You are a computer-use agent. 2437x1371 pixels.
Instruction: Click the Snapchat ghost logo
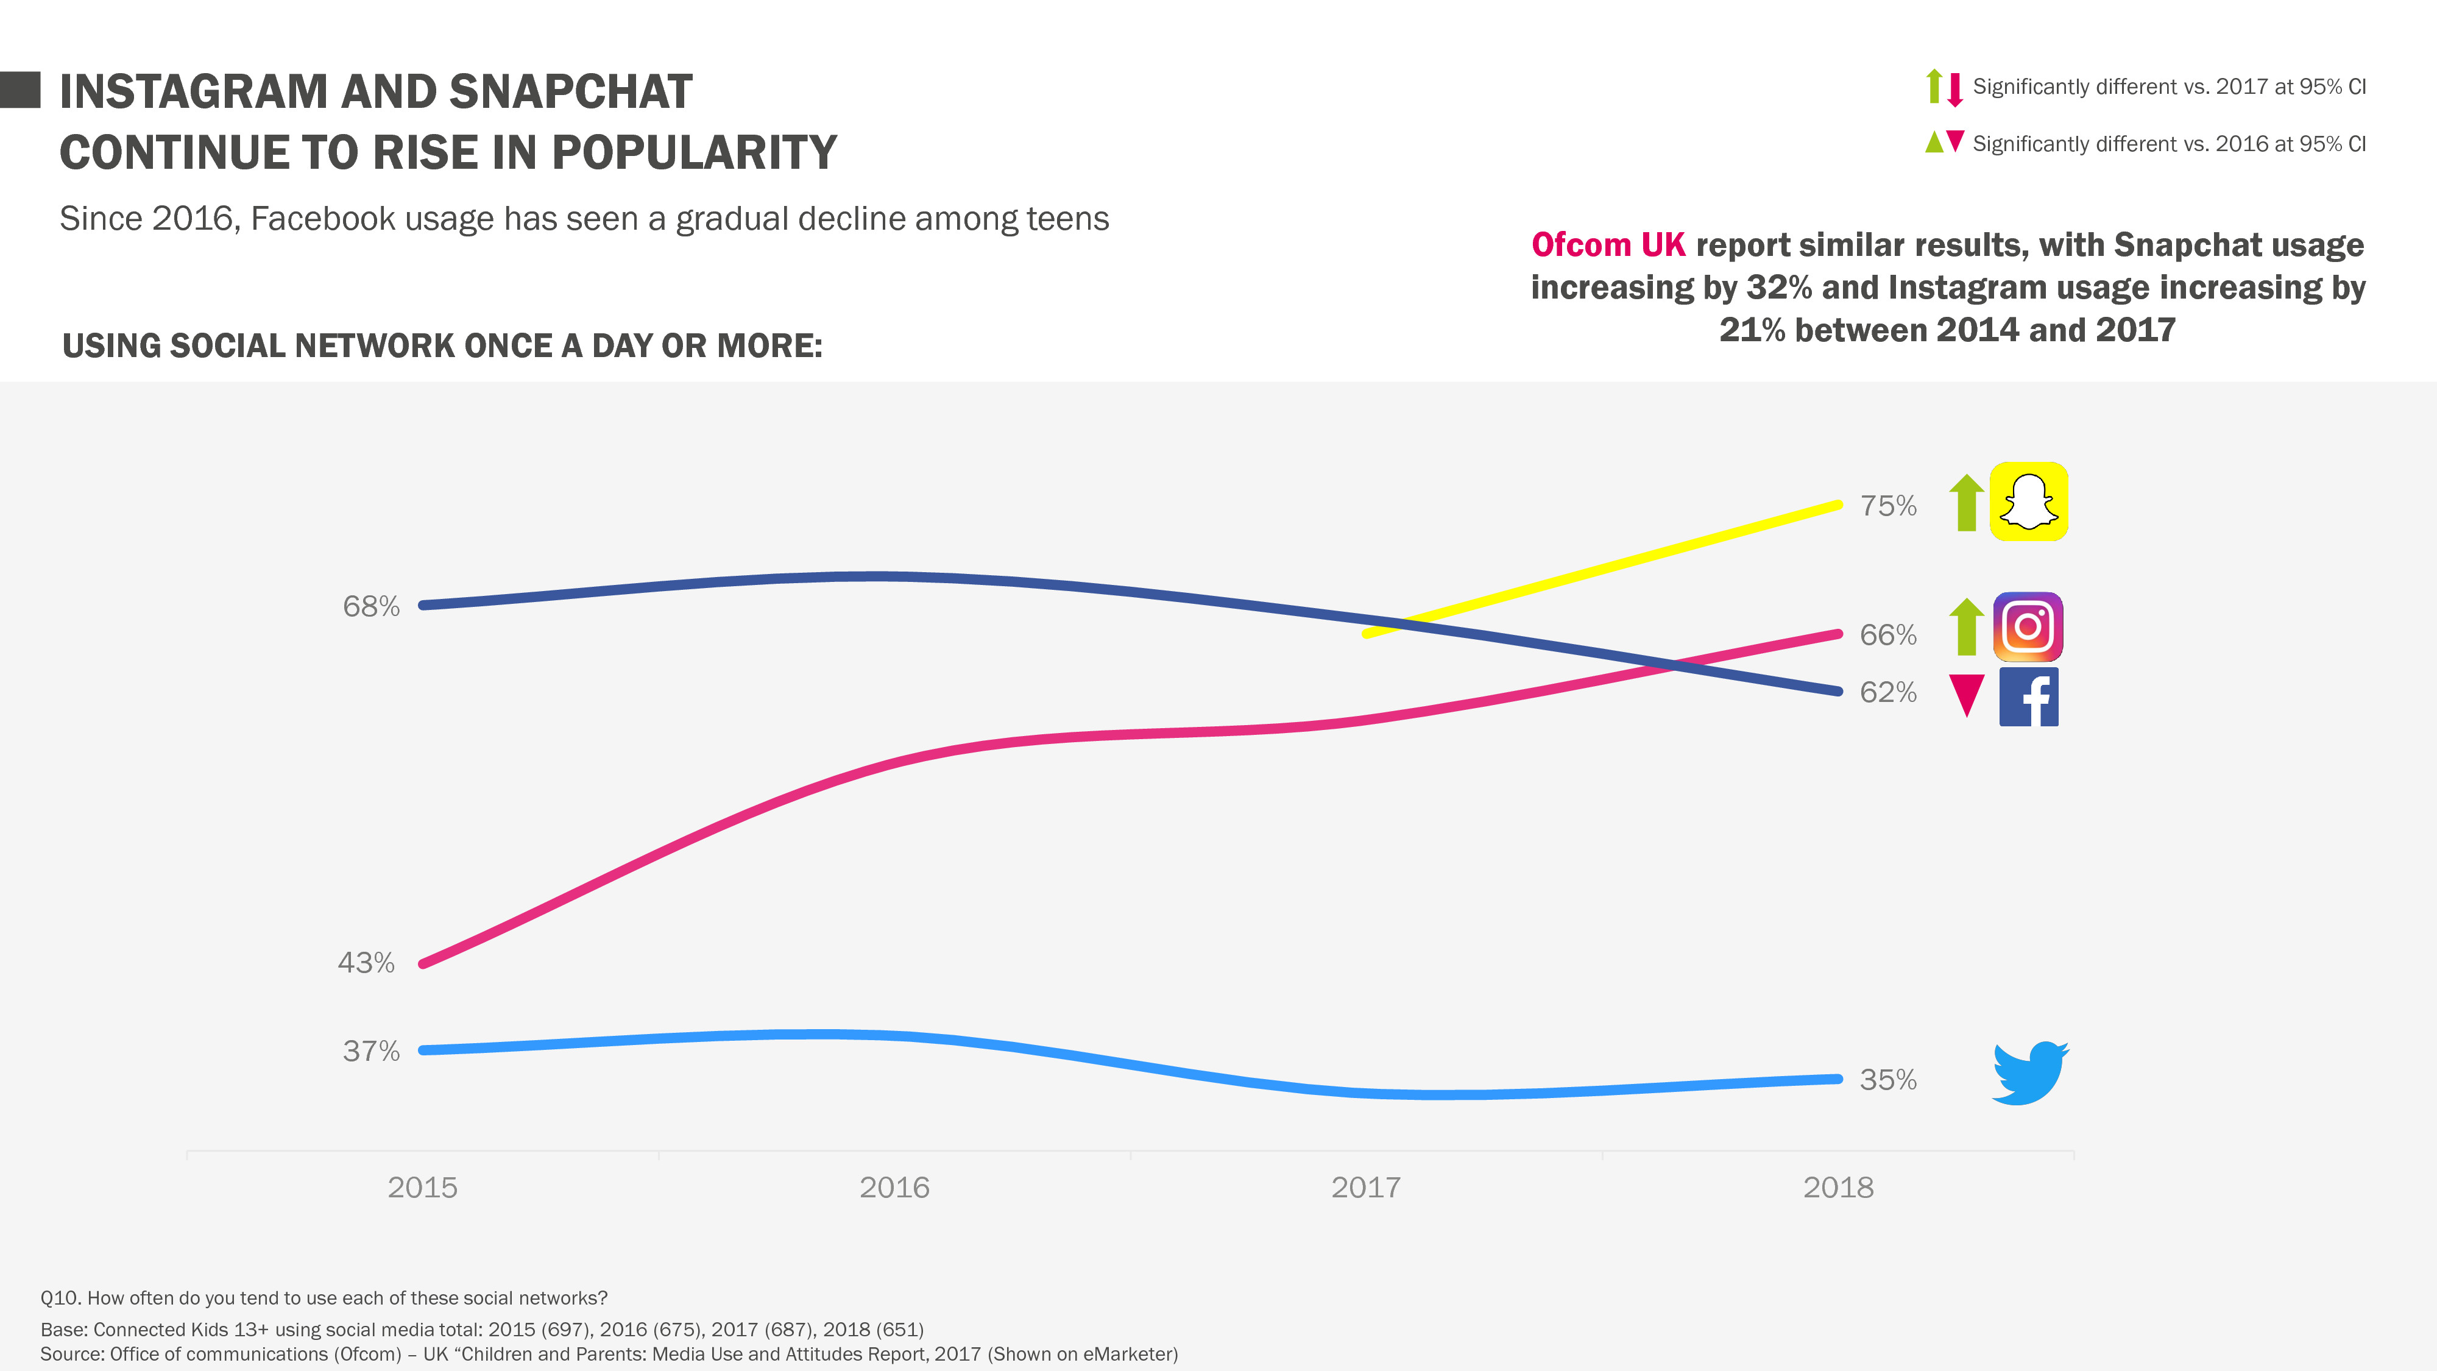click(2028, 501)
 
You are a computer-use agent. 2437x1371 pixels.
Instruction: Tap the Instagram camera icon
click(2028, 626)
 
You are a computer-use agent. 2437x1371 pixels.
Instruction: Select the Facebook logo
click(2028, 697)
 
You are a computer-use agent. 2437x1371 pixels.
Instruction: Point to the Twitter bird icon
click(2029, 1073)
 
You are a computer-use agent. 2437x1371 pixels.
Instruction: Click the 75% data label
click(1887, 506)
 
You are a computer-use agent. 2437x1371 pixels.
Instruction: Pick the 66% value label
click(1887, 635)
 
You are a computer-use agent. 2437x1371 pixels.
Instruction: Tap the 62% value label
click(1887, 693)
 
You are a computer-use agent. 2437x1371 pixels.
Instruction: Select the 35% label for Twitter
click(1887, 1080)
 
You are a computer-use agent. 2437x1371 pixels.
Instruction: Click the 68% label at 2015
click(371, 606)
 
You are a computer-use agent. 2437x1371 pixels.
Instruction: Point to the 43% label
click(366, 963)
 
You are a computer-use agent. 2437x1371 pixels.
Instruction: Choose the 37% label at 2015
click(371, 1051)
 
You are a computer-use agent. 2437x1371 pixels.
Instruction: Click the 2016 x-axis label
click(894, 1188)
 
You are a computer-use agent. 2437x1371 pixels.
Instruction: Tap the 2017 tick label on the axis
click(1365, 1188)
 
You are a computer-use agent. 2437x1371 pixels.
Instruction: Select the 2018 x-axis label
click(1837, 1188)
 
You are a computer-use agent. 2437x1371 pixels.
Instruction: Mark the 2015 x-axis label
click(422, 1188)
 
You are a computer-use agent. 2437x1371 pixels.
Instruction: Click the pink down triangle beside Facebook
click(1967, 693)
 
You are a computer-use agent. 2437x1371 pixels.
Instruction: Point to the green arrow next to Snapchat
click(1967, 503)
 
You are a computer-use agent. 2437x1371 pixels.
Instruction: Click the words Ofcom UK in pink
click(1607, 245)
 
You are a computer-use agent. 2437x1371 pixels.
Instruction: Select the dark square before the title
click(20, 90)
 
